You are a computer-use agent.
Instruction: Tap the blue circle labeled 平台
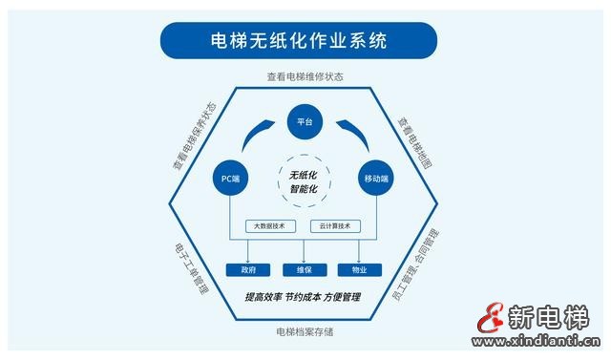coord(305,121)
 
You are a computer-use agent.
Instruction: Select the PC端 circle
coord(231,178)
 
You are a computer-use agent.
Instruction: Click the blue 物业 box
coord(360,269)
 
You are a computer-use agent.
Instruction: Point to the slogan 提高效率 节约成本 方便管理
coord(304,297)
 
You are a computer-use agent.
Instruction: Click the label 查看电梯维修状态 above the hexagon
coord(303,75)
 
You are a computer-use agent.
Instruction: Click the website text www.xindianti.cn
coord(538,341)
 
